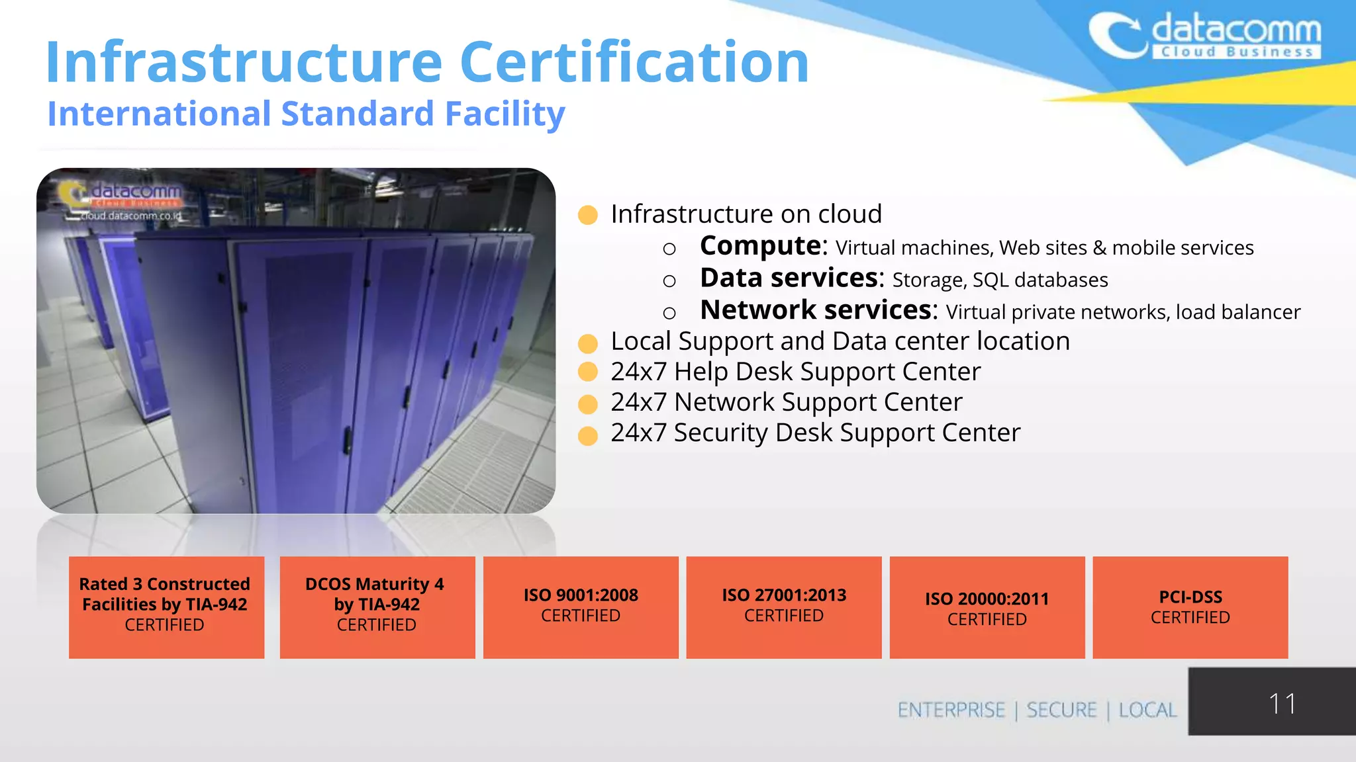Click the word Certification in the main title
pos(634,62)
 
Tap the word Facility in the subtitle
pos(505,114)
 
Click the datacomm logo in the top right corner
pos(1204,36)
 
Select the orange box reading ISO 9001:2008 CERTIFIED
pos(581,607)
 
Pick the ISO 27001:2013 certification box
pos(784,607)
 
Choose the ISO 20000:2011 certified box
pos(987,607)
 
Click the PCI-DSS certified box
pos(1190,607)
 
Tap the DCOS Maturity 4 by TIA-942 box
pos(377,607)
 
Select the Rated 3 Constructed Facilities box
pos(166,607)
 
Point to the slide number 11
pos(1282,703)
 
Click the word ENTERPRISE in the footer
pos(951,710)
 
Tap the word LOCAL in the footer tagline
pos(1147,710)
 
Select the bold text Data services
pos(791,278)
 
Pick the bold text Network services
pos(818,310)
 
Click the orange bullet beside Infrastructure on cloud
pos(588,215)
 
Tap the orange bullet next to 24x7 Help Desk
pos(588,372)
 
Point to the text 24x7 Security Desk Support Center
pos(815,433)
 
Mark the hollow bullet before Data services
pos(669,281)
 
